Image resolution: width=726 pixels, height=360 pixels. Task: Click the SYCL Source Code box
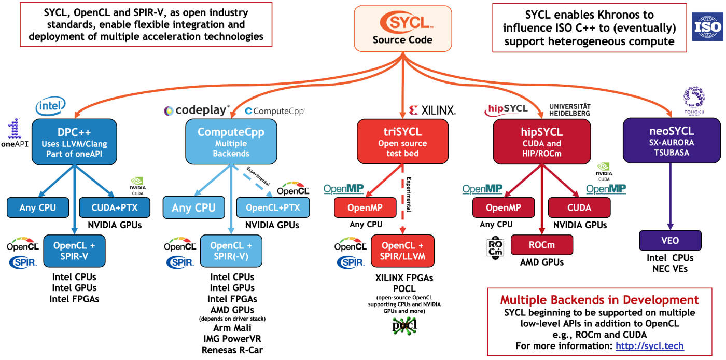[402, 29]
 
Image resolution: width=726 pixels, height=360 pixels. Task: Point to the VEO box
[670, 241]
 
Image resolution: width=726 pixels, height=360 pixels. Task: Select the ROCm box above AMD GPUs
[542, 245]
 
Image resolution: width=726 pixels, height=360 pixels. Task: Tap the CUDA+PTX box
[115, 208]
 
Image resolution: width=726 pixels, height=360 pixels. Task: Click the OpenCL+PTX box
[273, 207]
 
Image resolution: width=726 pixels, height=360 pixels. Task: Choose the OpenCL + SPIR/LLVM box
[402, 251]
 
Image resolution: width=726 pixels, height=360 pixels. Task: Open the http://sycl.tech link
[649, 346]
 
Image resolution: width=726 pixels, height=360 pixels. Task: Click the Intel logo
[50, 106]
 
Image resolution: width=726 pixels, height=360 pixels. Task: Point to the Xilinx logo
[432, 110]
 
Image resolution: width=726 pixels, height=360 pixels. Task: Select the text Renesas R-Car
[232, 350]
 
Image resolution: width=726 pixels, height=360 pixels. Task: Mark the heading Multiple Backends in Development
[599, 300]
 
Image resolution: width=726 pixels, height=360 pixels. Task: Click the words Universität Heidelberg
[569, 109]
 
